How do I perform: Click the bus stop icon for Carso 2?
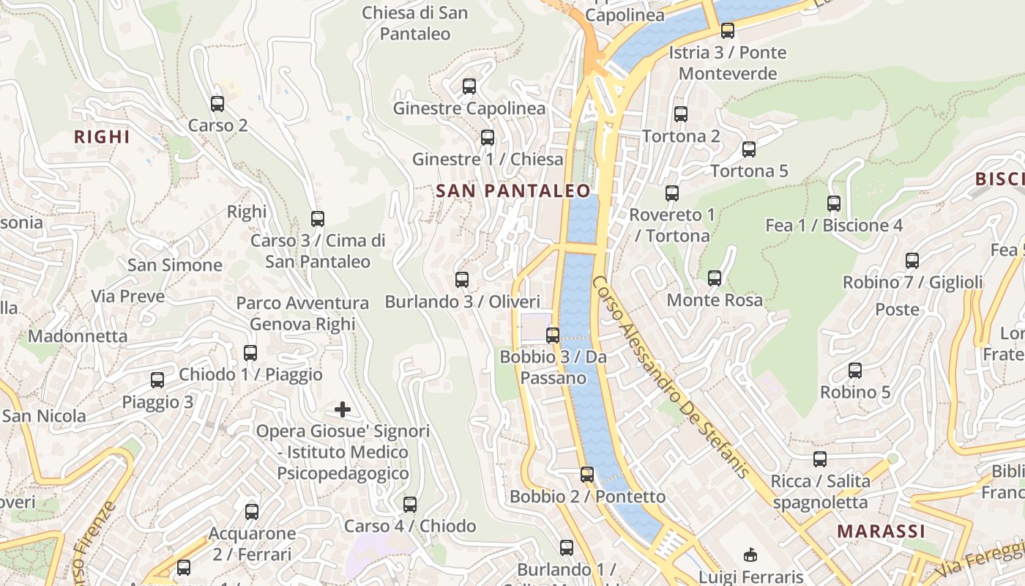point(217,104)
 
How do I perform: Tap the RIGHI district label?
point(102,137)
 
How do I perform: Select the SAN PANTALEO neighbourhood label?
point(512,191)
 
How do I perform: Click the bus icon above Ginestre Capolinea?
point(469,86)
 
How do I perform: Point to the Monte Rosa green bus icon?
point(715,278)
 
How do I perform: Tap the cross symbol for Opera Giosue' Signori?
point(342,409)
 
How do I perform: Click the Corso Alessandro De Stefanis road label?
point(671,377)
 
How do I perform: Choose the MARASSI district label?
point(881,531)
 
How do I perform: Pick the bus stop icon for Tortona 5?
point(749,149)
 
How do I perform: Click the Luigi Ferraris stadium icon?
point(750,555)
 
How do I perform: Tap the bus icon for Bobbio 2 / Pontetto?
point(587,475)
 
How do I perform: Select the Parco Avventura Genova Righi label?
point(302,314)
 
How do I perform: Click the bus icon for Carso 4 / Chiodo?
point(410,505)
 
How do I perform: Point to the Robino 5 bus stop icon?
point(855,371)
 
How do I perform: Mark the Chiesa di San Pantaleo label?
point(415,23)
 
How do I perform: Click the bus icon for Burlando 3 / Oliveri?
point(462,280)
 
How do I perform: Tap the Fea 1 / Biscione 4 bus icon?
point(834,204)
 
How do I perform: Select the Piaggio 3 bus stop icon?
point(157,380)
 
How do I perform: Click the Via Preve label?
point(128,297)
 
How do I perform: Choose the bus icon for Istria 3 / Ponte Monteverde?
point(728,31)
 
